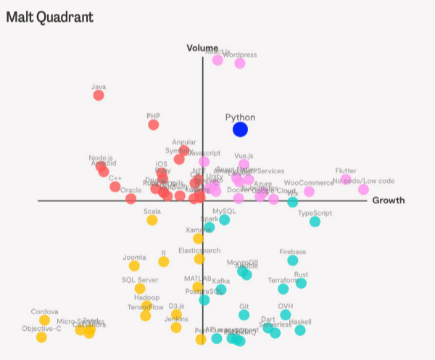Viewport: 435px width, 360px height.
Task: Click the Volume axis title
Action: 202,48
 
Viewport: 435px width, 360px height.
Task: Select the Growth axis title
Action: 388,200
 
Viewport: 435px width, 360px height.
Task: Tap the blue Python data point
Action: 240,129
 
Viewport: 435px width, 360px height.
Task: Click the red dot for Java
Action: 99,95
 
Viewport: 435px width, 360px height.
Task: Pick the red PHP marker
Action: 153,125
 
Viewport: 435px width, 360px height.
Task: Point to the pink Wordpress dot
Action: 239,63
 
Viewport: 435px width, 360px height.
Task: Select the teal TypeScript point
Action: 315,221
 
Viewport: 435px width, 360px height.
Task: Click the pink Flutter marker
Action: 346,179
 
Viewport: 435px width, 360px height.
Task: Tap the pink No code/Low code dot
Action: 363,189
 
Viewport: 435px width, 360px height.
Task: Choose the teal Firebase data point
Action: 292,260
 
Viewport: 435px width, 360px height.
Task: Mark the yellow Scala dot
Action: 152,220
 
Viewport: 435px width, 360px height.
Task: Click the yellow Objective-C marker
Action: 41,337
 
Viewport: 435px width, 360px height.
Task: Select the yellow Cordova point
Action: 44,320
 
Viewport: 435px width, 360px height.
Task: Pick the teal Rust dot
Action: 301,283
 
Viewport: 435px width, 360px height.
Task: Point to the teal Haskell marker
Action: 299,330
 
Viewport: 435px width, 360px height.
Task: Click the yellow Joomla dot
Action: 134,266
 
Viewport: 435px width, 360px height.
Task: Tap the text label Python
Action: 240,117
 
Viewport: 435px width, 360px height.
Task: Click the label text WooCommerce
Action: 308,183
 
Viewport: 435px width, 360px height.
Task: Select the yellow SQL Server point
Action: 140,288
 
